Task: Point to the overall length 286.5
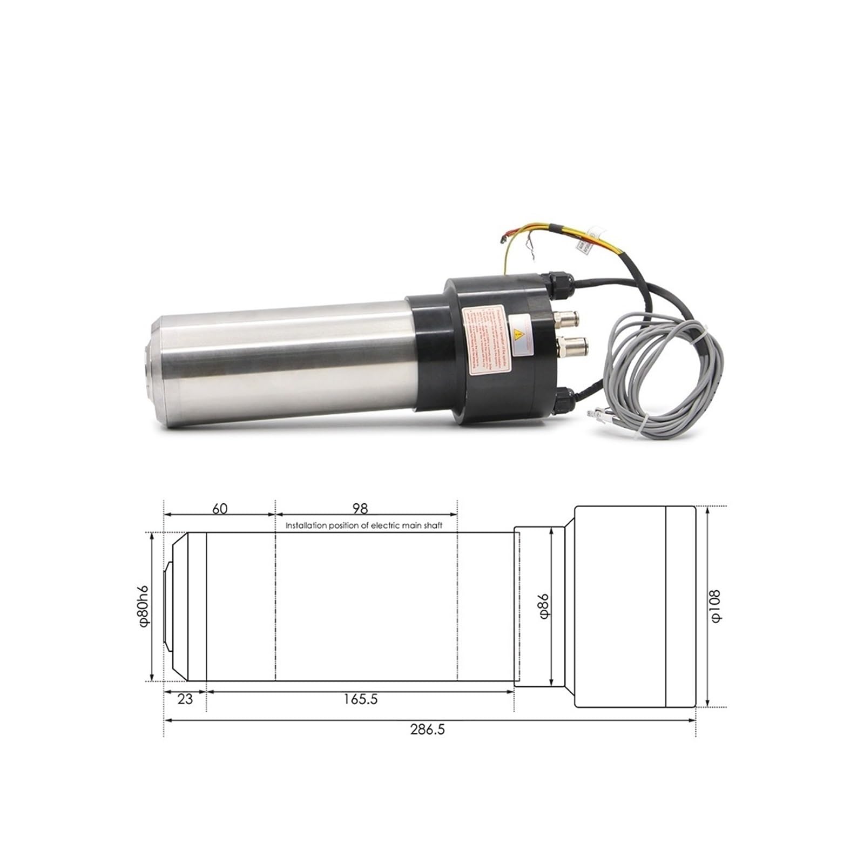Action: tap(427, 730)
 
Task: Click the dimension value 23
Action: tap(185, 699)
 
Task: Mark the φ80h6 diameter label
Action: tap(143, 606)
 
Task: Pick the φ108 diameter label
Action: tap(715, 606)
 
